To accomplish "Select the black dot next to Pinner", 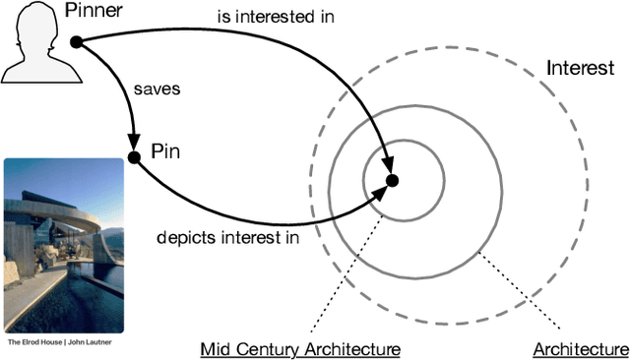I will click(x=76, y=41).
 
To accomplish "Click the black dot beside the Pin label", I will click(x=134, y=155).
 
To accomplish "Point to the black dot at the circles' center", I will click(x=392, y=180).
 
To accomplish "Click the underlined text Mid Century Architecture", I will click(x=300, y=348).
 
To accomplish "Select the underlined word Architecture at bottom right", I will click(x=580, y=348).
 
